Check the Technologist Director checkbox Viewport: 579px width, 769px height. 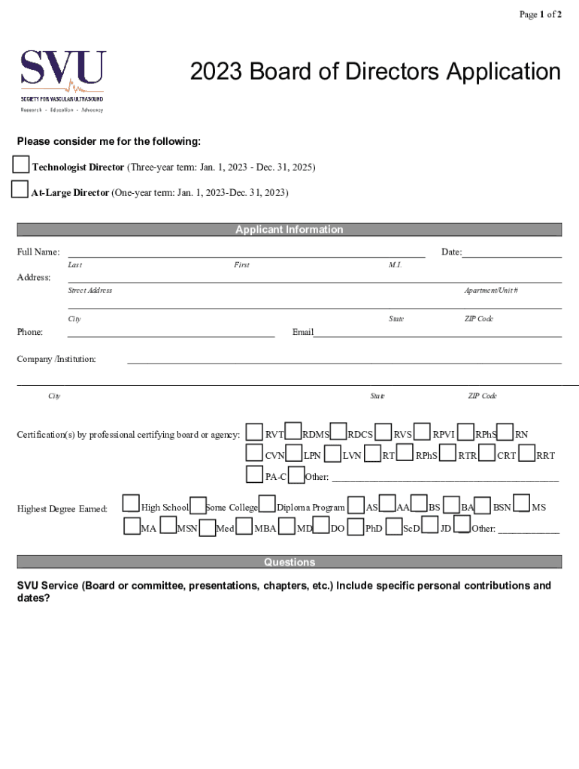21,165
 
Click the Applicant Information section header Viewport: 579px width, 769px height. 289,230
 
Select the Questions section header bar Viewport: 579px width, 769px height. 289,562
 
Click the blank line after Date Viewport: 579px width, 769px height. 512,253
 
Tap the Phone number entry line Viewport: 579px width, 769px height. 171,333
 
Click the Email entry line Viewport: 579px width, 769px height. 437,333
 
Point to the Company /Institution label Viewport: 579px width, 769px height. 56,359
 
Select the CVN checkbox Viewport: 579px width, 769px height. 255,453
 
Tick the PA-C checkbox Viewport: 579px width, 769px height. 255,475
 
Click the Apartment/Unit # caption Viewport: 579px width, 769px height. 491,291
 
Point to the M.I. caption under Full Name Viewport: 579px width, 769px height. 396,265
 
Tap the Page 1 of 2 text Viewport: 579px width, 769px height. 540,14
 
